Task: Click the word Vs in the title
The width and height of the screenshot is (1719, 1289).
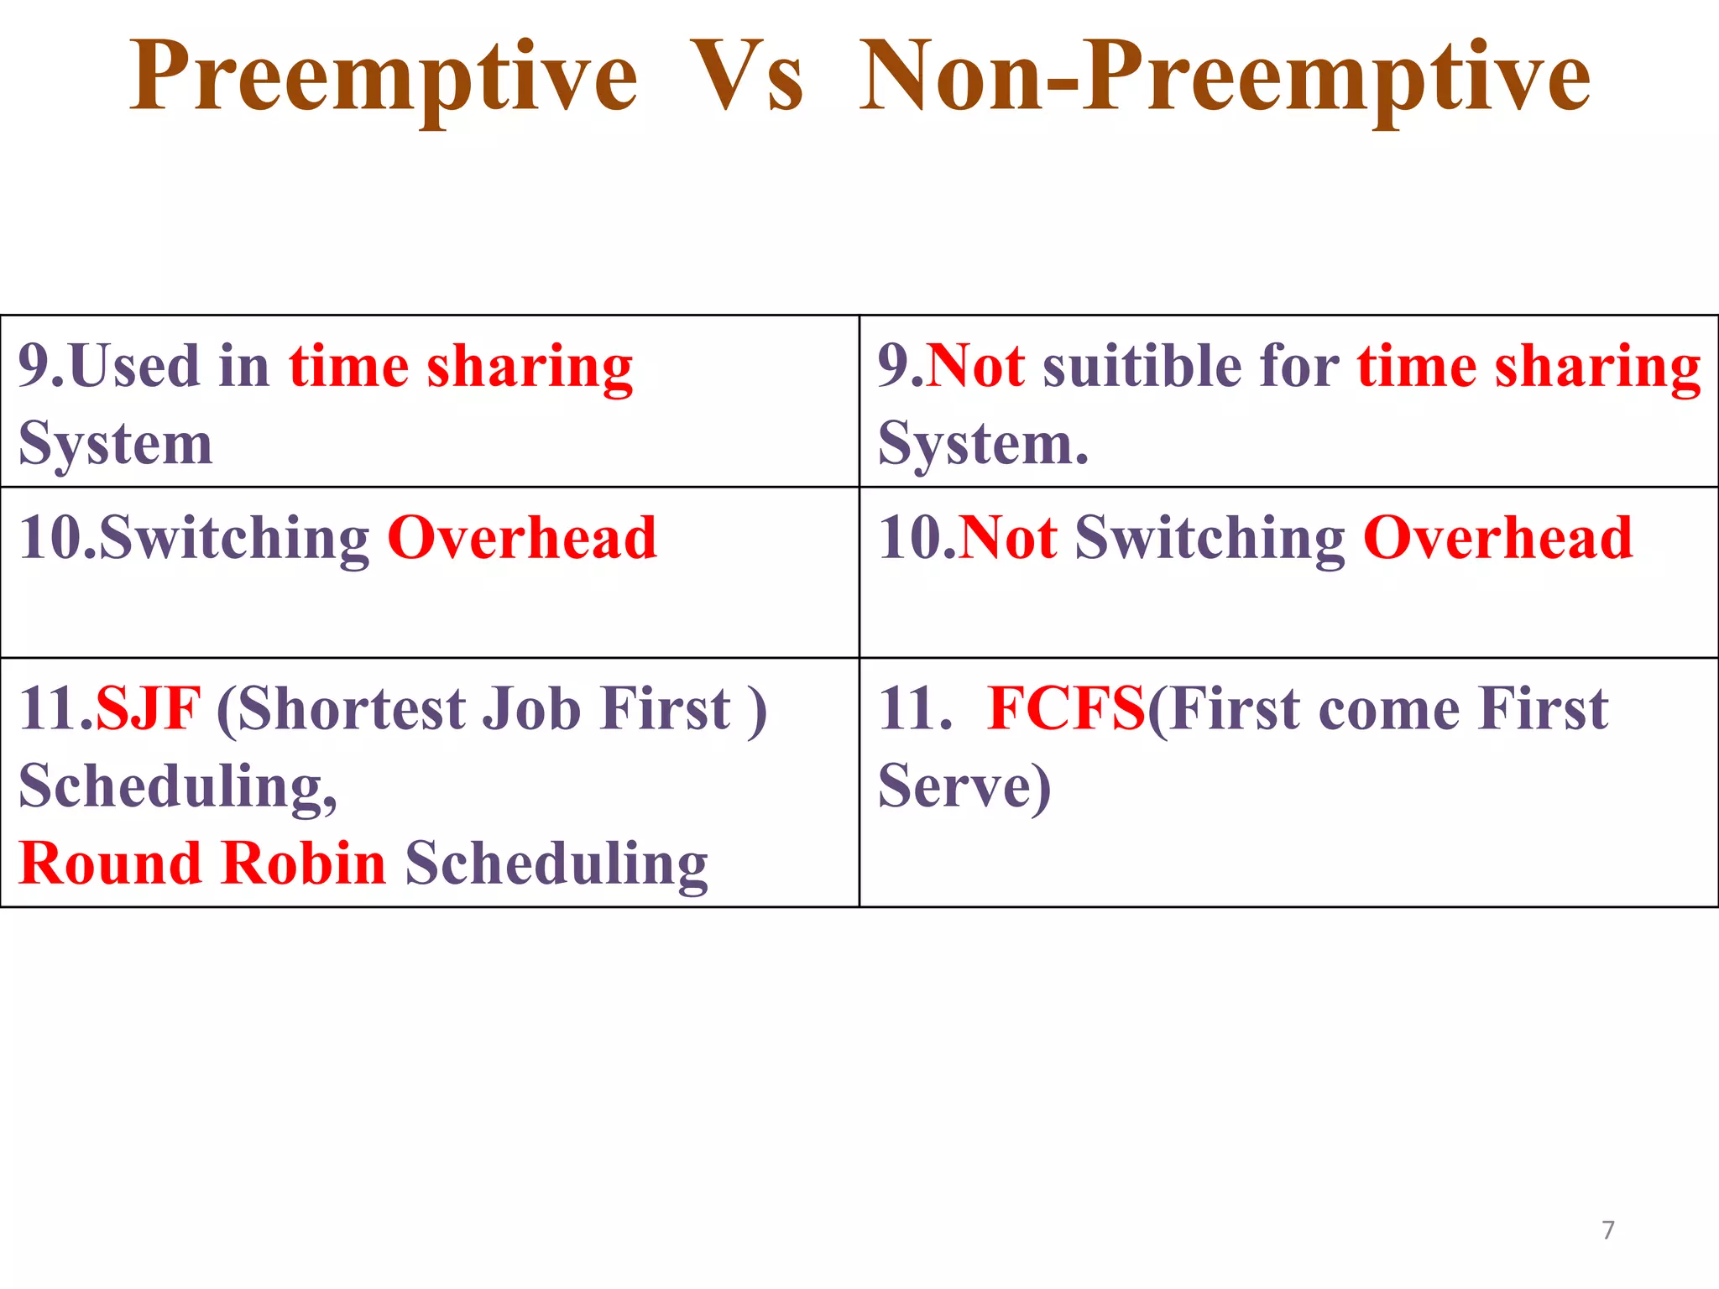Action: click(747, 77)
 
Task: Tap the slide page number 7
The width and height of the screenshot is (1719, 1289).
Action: click(1607, 1230)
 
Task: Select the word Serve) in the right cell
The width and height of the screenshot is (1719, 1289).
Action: click(964, 786)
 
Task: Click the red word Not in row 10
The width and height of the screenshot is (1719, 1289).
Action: click(1007, 538)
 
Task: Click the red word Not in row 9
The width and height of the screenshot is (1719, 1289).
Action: click(975, 367)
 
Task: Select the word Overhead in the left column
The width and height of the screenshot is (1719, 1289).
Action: click(521, 538)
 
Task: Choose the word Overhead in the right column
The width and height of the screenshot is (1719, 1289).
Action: click(1497, 538)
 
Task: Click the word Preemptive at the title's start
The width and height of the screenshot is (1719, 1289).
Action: click(384, 77)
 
